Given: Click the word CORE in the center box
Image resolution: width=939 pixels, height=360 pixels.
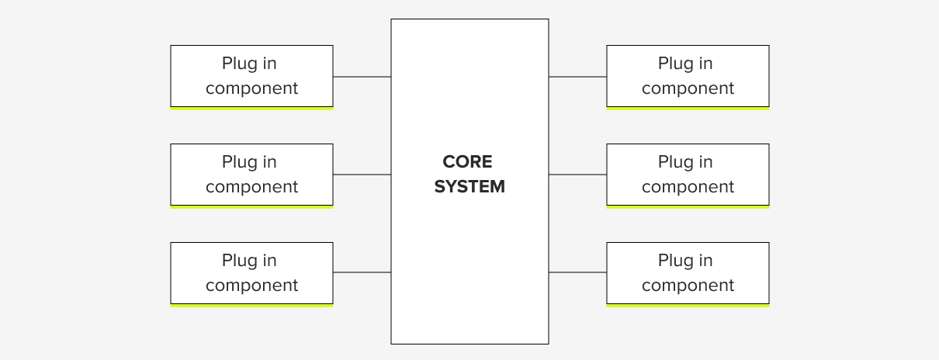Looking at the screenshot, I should click(467, 161).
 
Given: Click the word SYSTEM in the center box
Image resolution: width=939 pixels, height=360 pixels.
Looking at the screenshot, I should click(469, 187).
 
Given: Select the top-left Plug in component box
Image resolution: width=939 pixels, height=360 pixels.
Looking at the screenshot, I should click(251, 75).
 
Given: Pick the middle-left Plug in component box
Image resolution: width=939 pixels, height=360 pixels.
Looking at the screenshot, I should click(251, 174).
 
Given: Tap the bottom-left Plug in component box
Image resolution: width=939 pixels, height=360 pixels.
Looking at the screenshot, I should click(251, 272).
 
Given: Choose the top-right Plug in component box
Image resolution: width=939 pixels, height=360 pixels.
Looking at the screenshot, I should click(688, 75).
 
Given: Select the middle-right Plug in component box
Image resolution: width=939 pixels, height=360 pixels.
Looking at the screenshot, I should click(688, 174).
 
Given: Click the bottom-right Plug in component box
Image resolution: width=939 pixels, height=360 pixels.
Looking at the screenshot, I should click(688, 272).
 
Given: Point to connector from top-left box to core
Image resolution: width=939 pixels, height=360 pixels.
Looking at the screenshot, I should click(362, 77).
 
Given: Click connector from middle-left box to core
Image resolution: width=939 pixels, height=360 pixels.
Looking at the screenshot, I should click(362, 175).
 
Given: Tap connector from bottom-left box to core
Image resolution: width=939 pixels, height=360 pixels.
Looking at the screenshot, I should click(362, 272).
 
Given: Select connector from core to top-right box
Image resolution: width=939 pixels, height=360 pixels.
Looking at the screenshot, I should click(577, 77).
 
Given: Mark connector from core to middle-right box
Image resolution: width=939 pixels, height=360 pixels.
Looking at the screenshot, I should click(577, 175).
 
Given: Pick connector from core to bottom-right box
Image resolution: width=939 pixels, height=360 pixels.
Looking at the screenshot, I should click(577, 272).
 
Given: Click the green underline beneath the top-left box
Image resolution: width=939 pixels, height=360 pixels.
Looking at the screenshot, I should click(251, 109).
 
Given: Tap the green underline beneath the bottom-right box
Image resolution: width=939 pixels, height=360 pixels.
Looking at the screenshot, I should click(688, 306).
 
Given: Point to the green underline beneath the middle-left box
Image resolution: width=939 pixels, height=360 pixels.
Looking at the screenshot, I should click(251, 207).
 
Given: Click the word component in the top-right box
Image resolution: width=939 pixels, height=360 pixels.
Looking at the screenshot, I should click(688, 88).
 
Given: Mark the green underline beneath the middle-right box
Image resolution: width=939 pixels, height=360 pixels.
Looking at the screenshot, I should click(688, 207).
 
